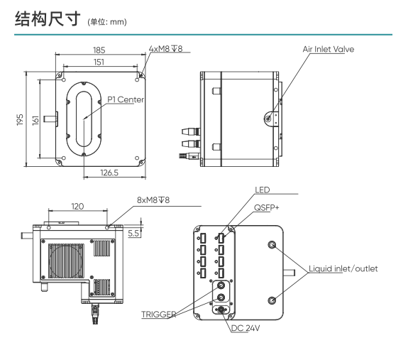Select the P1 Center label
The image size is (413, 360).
(125, 100)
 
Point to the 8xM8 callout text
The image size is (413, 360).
(153, 201)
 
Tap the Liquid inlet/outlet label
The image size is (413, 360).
(343, 269)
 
